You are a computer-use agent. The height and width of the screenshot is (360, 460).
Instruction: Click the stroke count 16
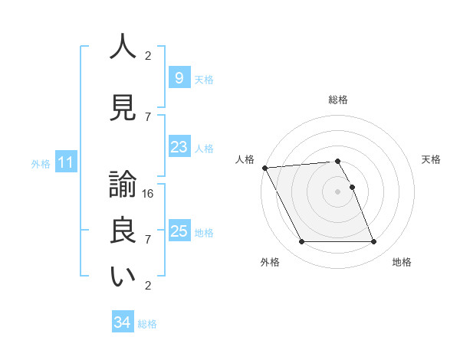point(148,194)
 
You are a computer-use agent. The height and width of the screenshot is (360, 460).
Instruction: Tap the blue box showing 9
point(179,77)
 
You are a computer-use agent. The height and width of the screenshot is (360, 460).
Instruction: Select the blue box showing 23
point(179,147)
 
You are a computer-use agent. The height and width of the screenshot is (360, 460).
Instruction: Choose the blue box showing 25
point(179,231)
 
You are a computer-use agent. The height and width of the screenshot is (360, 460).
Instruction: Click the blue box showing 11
point(65,162)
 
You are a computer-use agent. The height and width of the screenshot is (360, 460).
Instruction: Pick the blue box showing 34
point(122,322)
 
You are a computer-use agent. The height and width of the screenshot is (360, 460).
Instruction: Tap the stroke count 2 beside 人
point(148,56)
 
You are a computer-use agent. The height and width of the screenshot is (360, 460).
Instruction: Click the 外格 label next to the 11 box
point(41,163)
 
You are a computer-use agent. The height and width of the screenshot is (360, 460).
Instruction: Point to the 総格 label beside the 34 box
point(147,324)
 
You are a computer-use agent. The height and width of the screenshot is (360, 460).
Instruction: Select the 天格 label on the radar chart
point(431,159)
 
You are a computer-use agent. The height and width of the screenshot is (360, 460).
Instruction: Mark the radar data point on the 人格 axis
point(264,168)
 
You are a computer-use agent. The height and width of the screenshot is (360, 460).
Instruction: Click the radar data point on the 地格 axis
point(373,242)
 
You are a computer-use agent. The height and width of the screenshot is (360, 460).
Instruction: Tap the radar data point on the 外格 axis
point(301,242)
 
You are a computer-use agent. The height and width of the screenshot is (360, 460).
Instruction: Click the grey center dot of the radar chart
point(337,191)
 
